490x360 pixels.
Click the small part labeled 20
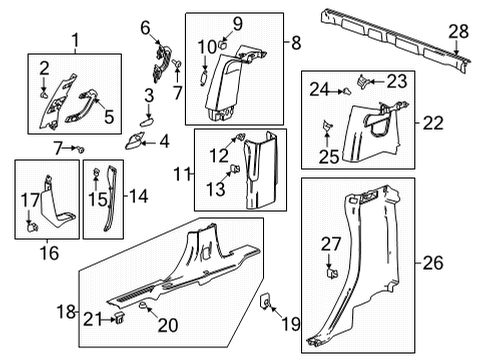coord(145,306)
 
